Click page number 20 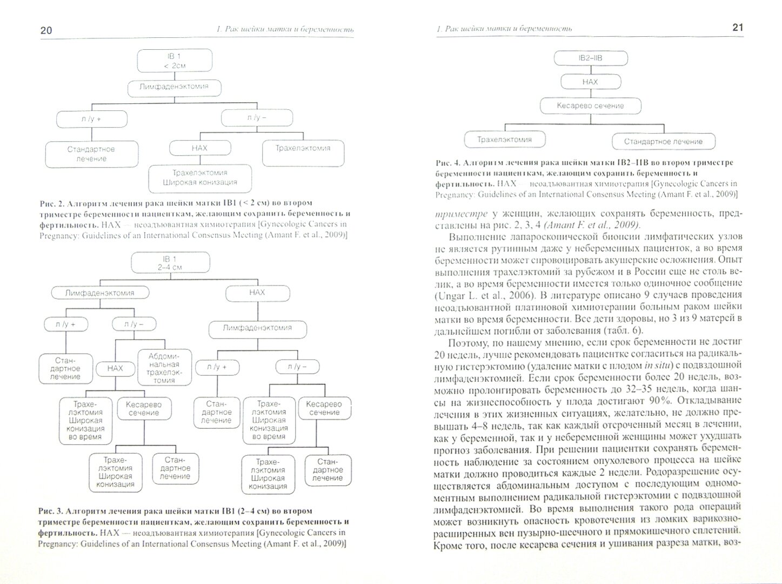click(x=46, y=30)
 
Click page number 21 click(x=738, y=28)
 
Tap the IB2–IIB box click(x=591, y=58)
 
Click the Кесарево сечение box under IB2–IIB click(x=590, y=106)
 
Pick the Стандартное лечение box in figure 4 click(x=663, y=142)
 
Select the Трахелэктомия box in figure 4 click(x=504, y=140)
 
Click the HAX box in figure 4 click(x=590, y=82)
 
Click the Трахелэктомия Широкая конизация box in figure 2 click(x=199, y=178)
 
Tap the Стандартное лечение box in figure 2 click(x=91, y=154)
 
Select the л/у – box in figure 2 click(x=257, y=117)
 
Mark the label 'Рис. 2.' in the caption click(x=52, y=203)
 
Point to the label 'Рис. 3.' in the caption click(x=52, y=511)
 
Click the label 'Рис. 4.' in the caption click(x=449, y=162)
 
